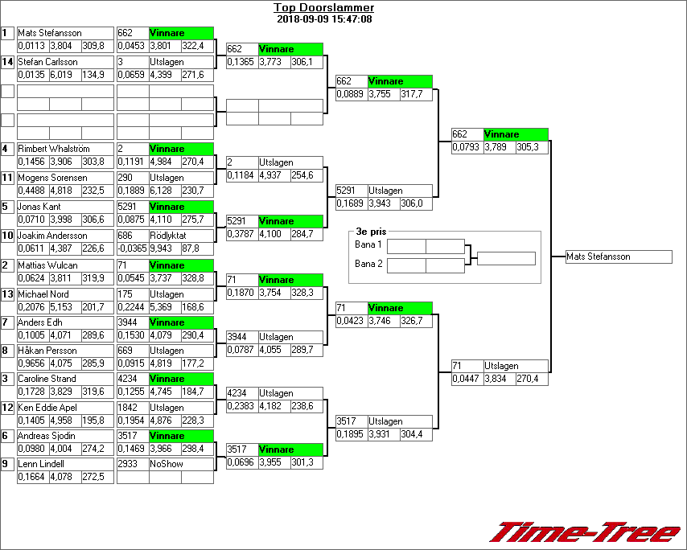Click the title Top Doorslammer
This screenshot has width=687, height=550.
coord(323,8)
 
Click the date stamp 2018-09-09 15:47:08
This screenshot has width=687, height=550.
coord(323,18)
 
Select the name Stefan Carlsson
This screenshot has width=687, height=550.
coord(47,62)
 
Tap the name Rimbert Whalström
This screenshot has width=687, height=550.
coord(52,149)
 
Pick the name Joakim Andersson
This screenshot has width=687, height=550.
coord(52,236)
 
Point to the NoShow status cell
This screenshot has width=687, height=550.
coord(167,464)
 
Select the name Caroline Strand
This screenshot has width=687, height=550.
coord(47,379)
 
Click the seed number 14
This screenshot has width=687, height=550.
coord(7,62)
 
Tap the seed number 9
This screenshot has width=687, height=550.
coord(7,464)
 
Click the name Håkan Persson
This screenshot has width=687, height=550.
coord(47,351)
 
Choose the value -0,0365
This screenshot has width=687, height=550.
coord(132,249)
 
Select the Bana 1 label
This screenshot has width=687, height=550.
coord(368,244)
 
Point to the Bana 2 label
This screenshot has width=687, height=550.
coord(368,264)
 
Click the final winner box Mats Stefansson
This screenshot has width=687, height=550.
coord(618,257)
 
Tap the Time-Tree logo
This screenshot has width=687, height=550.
coord(585,532)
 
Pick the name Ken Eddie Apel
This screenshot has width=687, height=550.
coord(47,408)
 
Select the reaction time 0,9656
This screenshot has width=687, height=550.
coord(32,364)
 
